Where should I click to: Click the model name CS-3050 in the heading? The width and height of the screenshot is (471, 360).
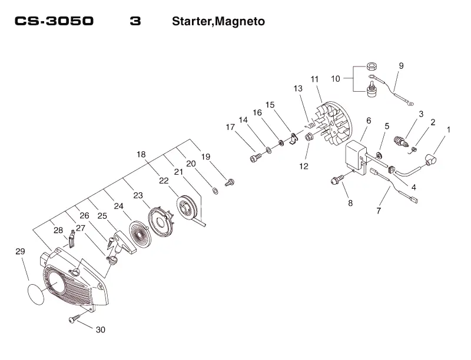[x=54, y=21]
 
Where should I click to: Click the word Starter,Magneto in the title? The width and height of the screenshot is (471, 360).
[x=218, y=21]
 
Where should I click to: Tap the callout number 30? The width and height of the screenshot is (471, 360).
[x=101, y=329]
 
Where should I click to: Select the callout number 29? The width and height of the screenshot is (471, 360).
[x=20, y=251]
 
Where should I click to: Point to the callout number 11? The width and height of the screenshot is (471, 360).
[x=314, y=79]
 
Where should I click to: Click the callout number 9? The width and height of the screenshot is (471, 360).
[x=402, y=66]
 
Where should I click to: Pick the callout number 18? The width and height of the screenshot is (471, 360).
[x=141, y=154]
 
